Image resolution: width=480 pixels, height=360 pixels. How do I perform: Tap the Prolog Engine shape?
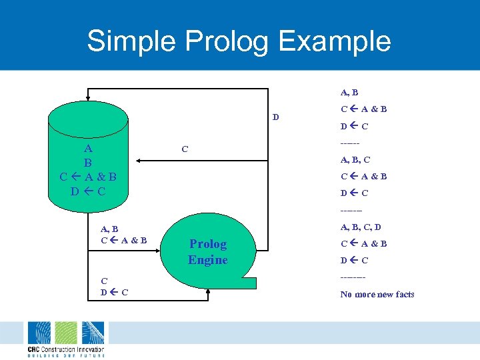pos(208,253)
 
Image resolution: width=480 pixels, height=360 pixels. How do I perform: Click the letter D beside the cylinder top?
pos(275,118)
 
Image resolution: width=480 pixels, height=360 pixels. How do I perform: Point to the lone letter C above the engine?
pos(185,149)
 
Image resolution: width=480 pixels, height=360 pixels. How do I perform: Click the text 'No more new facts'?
pos(377,294)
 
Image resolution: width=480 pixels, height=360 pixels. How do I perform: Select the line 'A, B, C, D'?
pos(361,227)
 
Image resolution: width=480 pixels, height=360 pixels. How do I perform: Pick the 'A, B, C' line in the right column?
pos(355,159)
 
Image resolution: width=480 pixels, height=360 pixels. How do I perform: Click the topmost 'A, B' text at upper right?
pos(349,93)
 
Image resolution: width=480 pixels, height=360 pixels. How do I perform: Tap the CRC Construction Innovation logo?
pos(65,339)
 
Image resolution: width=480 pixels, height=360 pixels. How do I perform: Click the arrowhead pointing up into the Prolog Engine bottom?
pos(209,291)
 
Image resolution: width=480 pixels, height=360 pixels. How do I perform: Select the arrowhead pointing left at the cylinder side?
pos(138,160)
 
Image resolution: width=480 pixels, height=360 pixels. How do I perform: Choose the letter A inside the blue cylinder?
pos(88,148)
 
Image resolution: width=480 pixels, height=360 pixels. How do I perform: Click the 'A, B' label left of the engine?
pos(109,229)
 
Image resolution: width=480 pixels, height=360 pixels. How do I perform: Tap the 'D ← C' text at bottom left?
pos(114,292)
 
